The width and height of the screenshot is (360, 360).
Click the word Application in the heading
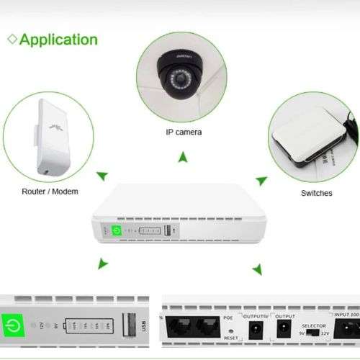click(58, 39)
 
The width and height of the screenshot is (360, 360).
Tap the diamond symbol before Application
click(12, 39)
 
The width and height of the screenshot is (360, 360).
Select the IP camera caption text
click(184, 132)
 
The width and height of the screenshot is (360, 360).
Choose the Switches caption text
click(316, 194)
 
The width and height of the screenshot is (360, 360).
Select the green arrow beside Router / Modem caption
click(103, 175)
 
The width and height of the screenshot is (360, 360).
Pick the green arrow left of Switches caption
click(261, 180)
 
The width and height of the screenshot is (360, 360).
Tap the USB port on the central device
click(167, 231)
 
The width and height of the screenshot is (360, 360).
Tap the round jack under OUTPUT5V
click(253, 330)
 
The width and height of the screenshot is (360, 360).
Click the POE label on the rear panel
click(229, 315)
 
